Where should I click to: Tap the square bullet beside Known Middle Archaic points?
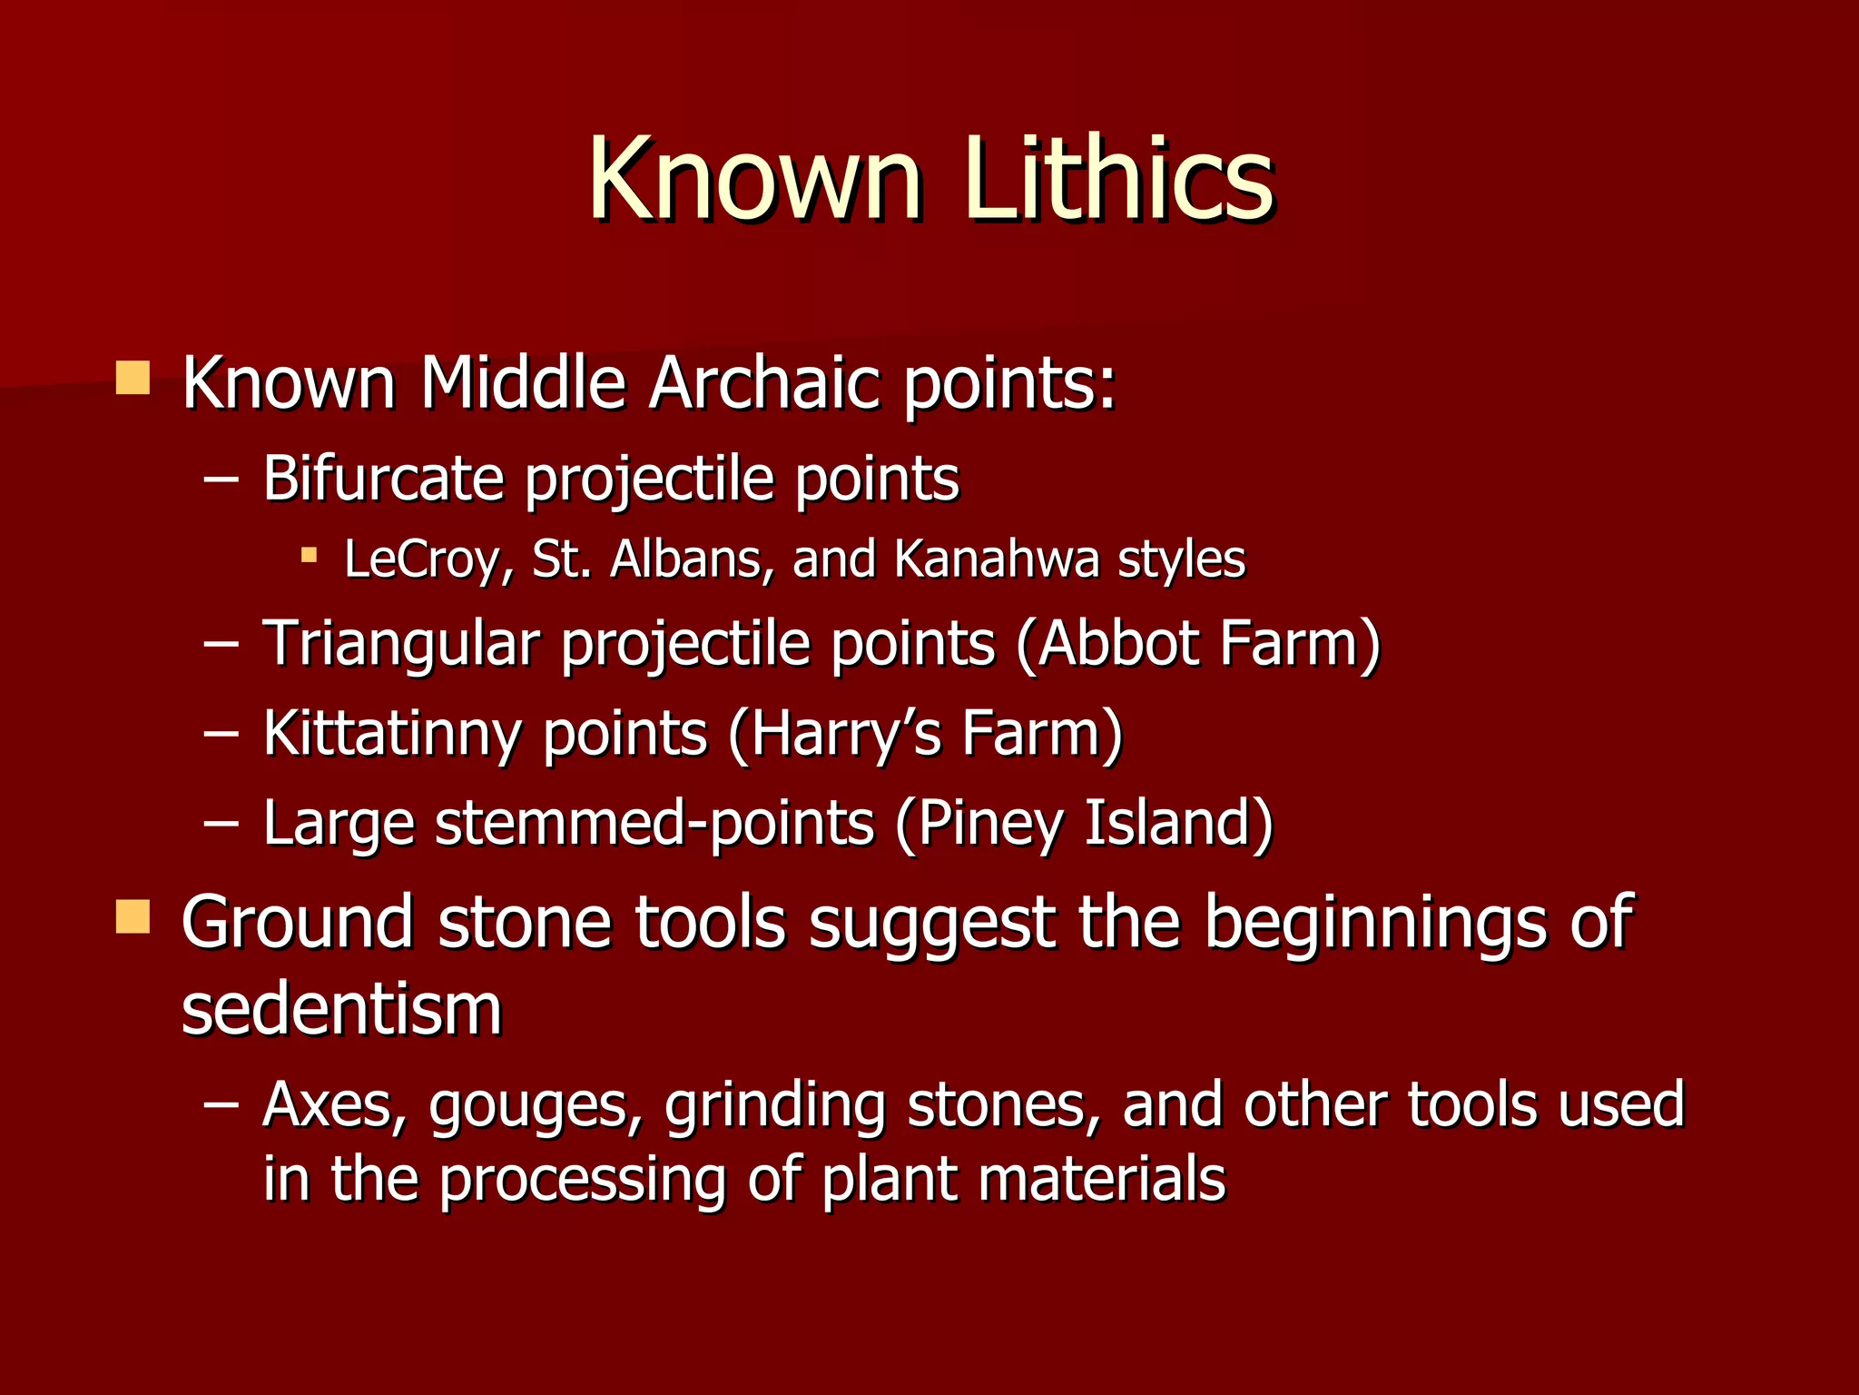(133, 378)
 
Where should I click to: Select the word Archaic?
(764, 383)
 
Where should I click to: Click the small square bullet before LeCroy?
(310, 553)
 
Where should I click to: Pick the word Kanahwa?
(996, 559)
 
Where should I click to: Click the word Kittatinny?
(392, 733)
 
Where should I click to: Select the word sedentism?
(341, 1009)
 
